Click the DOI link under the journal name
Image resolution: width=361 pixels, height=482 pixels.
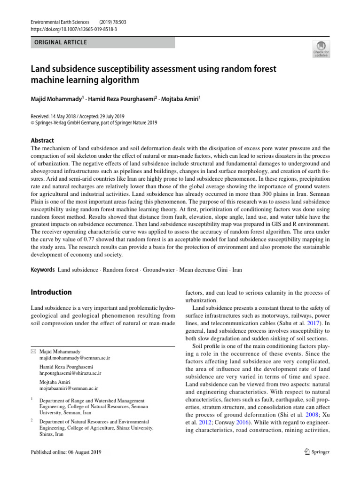[x=74, y=29]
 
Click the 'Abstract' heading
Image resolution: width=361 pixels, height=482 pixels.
[x=42, y=140]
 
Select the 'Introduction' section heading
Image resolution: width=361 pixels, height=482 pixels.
[x=51, y=292]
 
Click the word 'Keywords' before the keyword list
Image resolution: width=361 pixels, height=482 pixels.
[x=42, y=270]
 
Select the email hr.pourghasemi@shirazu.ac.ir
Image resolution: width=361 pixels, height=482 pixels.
[x=70, y=373]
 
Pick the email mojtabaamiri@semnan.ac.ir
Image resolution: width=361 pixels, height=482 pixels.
[x=69, y=389]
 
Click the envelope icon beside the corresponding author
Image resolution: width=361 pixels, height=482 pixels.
[x=32, y=352]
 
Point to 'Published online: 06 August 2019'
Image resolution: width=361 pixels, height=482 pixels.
[x=65, y=452]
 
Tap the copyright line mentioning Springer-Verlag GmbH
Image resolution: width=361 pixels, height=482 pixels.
[x=94, y=123]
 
